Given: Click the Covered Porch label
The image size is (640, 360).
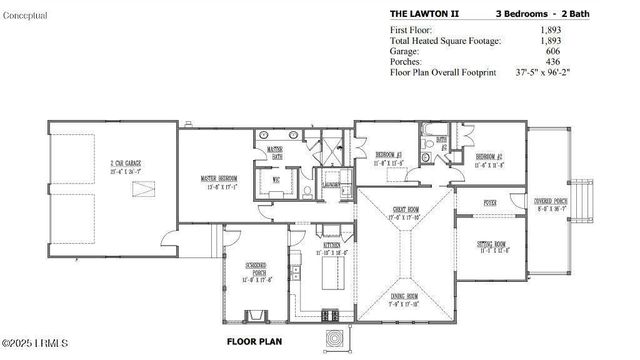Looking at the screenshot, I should pyautogui.click(x=552, y=204).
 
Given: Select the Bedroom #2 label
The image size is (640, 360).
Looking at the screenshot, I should pyautogui.click(x=488, y=157).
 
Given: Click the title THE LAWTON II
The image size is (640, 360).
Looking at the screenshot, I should pyautogui.click(x=426, y=14).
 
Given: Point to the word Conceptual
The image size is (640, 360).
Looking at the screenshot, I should pyautogui.click(x=25, y=14).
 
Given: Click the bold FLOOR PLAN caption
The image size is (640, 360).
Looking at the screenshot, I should pyautogui.click(x=251, y=341).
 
